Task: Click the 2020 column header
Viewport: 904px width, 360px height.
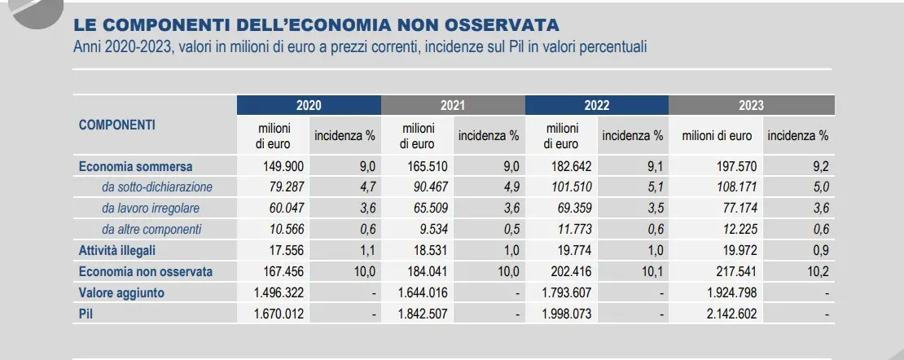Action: pyautogui.click(x=309, y=105)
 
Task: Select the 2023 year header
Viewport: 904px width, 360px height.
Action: pyautogui.click(x=751, y=105)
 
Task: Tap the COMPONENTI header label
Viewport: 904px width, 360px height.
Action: pyautogui.click(x=117, y=125)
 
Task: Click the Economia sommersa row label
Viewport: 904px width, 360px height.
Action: pyautogui.click(x=136, y=167)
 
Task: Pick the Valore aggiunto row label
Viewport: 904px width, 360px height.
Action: pyautogui.click(x=121, y=292)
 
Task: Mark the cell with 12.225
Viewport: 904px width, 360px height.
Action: pyautogui.click(x=735, y=230)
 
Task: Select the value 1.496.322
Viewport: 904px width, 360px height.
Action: pyautogui.click(x=279, y=292)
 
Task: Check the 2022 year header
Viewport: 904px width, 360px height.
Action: pyautogui.click(x=597, y=105)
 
